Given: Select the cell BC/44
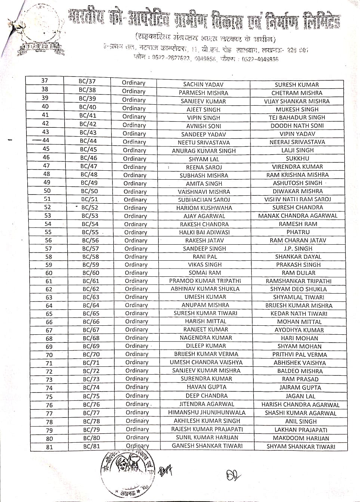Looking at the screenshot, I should (x=88, y=141).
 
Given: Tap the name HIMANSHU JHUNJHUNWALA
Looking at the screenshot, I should (x=207, y=413).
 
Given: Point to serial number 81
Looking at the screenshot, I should (x=49, y=447).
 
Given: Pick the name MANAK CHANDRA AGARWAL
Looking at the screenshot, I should (x=298, y=216).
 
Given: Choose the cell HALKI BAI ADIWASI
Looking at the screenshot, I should (x=204, y=232).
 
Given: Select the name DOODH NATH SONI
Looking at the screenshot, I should (x=297, y=126).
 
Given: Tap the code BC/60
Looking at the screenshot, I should (x=91, y=273).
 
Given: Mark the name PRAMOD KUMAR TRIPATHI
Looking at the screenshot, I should (x=205, y=281).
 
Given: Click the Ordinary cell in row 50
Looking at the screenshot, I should (x=135, y=192).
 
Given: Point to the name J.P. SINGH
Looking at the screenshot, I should (x=298, y=249).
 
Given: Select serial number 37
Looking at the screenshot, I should (x=44, y=81).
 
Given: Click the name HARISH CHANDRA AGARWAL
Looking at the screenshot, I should (x=301, y=405).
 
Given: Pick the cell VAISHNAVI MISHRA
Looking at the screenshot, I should (x=204, y=192).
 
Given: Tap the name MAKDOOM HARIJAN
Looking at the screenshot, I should (x=301, y=438).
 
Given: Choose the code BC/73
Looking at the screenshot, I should (x=91, y=379).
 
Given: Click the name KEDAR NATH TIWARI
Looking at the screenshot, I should (x=299, y=314).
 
